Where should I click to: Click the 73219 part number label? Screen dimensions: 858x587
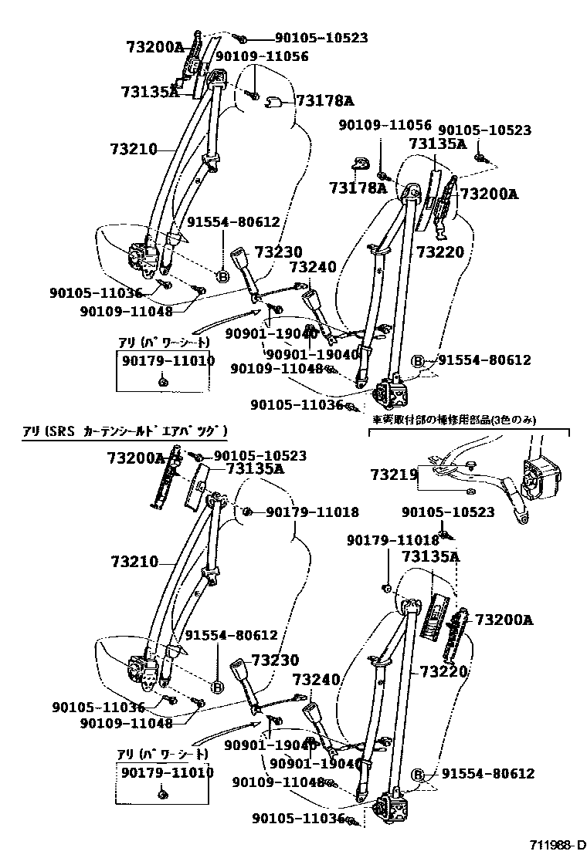point(394,473)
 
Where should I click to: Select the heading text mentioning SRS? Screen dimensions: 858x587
point(124,430)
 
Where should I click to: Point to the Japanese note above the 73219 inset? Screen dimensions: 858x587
point(453,421)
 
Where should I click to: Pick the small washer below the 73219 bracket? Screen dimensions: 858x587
point(470,491)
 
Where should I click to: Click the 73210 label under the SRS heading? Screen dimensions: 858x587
point(134,562)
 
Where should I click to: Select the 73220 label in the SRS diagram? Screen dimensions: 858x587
point(443,672)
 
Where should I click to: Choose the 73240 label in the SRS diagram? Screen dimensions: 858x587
point(316,679)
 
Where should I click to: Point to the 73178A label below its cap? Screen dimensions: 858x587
point(357,187)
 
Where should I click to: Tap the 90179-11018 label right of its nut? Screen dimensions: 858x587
point(313,512)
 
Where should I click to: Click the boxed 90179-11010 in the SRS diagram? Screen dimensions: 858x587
point(166,772)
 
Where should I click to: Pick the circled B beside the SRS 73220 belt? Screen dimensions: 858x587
point(418,775)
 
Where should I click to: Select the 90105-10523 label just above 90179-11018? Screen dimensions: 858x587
point(449,512)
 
